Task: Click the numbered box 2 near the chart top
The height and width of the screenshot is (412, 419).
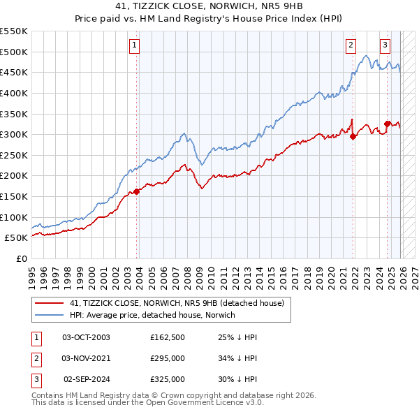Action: click(350, 46)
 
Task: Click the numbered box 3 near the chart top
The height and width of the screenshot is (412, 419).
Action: click(385, 46)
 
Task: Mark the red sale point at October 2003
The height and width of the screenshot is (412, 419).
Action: click(136, 191)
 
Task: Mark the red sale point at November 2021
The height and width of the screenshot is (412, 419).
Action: click(353, 136)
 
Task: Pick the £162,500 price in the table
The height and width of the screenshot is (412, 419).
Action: click(167, 337)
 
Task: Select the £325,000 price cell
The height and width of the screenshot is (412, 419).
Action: click(167, 379)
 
